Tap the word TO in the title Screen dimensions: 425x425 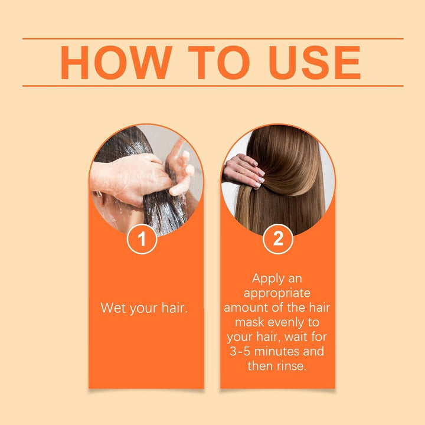pos(221,62)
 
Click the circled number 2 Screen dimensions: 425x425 pos(277,240)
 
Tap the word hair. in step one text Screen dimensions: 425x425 pos(172,308)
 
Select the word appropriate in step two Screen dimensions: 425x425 pos(277,293)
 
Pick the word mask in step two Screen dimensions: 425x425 pos(250,322)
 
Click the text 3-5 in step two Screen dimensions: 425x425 pos(243,351)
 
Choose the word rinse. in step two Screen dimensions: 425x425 pos(291,366)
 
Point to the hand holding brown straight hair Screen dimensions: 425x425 pos(243,171)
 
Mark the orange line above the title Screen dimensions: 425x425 pos(212,39)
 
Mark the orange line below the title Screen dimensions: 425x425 pos(212,86)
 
